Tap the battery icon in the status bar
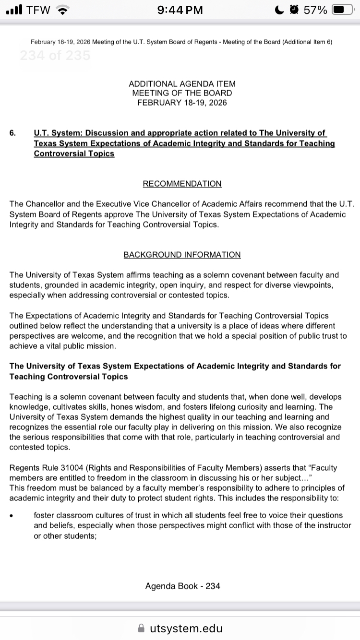coord(343,10)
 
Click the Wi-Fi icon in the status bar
coord(62,10)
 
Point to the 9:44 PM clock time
coord(180,10)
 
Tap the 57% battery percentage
coord(315,10)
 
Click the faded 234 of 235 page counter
coord(55,56)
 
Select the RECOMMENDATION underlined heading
coord(182,184)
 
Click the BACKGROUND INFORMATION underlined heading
coord(182,255)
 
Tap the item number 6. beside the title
coord(12,133)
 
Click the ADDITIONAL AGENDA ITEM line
coord(182,83)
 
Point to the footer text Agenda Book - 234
coord(182,586)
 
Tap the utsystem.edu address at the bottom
coord(186,628)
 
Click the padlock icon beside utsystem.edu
coord(141,628)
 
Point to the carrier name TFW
coord(38,10)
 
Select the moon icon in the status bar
coord(279,10)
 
